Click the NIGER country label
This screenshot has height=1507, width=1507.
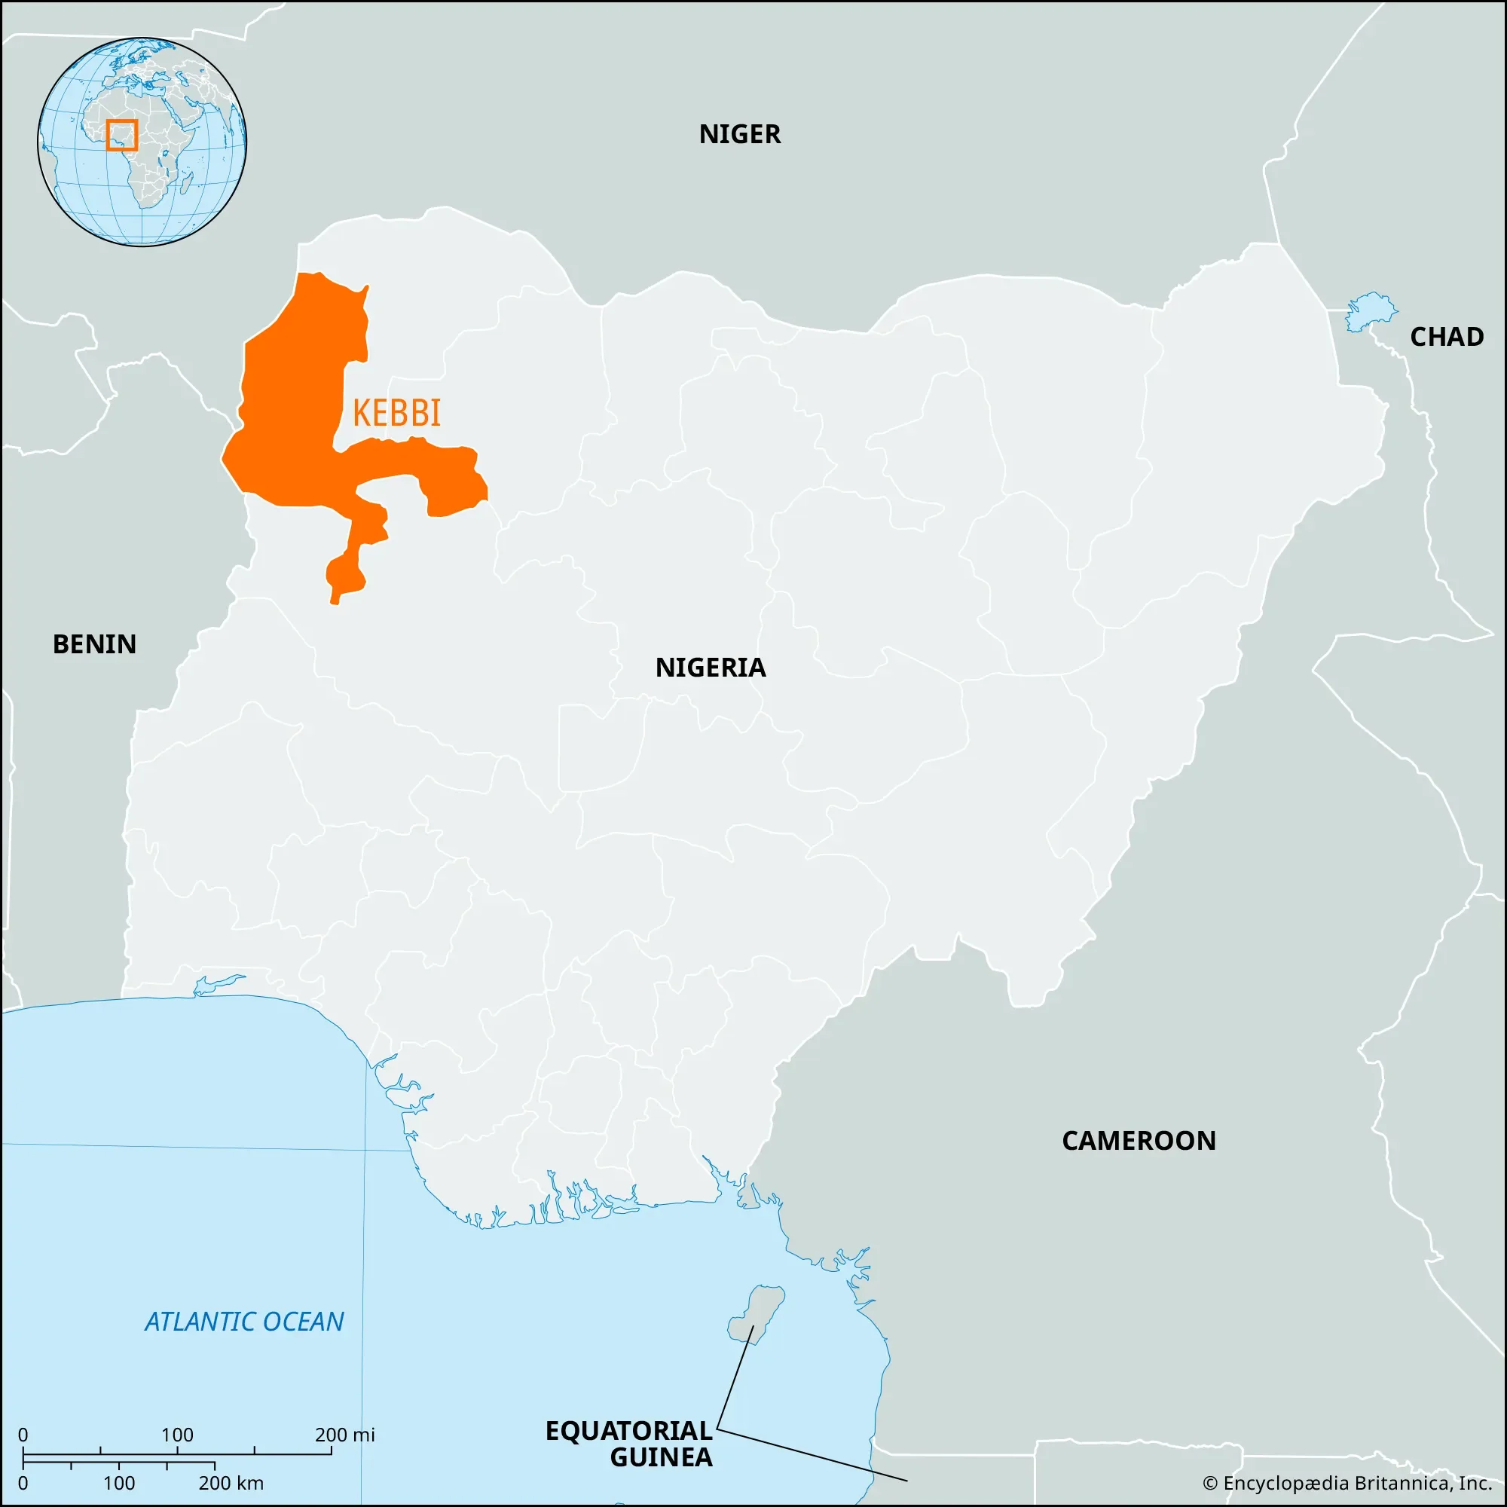pyautogui.click(x=739, y=134)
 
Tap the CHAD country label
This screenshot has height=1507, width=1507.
pyautogui.click(x=1446, y=337)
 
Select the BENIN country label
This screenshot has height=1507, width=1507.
pyautogui.click(x=94, y=644)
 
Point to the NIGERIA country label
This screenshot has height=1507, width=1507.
pyautogui.click(x=711, y=668)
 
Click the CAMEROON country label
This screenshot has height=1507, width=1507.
pyautogui.click(x=1139, y=1141)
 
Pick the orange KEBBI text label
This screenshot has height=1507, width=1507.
pyautogui.click(x=396, y=413)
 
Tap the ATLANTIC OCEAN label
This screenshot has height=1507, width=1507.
pyautogui.click(x=244, y=1322)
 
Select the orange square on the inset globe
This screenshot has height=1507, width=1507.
pyautogui.click(x=121, y=135)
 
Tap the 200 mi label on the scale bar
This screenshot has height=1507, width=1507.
pyautogui.click(x=345, y=1435)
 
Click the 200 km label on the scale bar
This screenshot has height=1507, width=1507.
pyautogui.click(x=231, y=1483)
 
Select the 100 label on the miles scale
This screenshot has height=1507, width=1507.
pyautogui.click(x=177, y=1435)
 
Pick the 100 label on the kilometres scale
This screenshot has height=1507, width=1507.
pyautogui.click(x=118, y=1483)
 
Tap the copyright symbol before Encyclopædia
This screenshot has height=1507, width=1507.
pyautogui.click(x=1210, y=1483)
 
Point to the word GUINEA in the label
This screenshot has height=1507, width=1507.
pyautogui.click(x=661, y=1457)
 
